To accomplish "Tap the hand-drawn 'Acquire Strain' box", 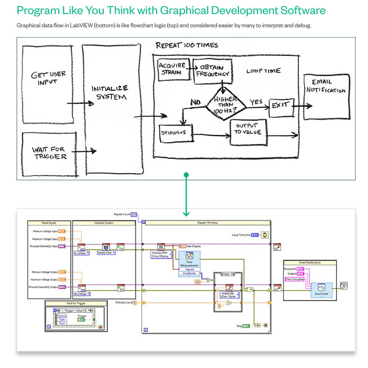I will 172,68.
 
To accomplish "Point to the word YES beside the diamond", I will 256,102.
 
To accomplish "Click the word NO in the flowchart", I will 195,102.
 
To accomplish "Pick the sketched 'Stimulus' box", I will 176,134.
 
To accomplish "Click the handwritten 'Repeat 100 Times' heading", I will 187,45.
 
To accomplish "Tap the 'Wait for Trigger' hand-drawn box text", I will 48,152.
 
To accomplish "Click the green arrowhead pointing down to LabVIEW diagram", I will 186,213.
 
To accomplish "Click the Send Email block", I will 321,290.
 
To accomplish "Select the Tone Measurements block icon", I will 190,256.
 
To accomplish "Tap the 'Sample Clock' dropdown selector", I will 106,253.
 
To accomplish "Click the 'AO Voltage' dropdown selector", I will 82,294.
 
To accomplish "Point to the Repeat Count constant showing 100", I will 134,214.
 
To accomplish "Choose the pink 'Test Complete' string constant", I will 295,279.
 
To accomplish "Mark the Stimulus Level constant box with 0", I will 135,302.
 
